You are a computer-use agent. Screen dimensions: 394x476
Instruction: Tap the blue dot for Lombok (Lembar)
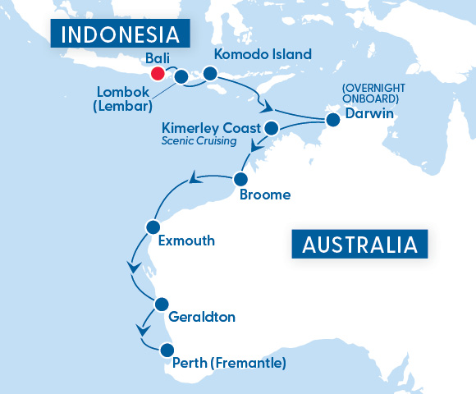pos(181,77)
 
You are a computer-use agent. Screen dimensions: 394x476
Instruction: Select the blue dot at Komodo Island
pos(209,74)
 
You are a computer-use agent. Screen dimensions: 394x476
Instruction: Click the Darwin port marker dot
pos(332,120)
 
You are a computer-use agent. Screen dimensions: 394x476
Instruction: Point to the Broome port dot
pos(241,179)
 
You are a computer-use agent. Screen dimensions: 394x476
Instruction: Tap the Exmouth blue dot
pos(152,226)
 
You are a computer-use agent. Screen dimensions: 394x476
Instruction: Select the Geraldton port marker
pos(161,302)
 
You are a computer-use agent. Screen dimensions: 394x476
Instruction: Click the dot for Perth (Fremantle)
pos(167,350)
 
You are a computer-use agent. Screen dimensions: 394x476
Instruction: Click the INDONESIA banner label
pos(121,34)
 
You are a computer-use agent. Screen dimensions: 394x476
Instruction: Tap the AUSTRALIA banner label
pos(359,245)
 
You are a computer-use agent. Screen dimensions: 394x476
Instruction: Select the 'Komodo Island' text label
pos(263,55)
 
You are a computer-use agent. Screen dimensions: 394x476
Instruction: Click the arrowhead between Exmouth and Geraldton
pos(132,268)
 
